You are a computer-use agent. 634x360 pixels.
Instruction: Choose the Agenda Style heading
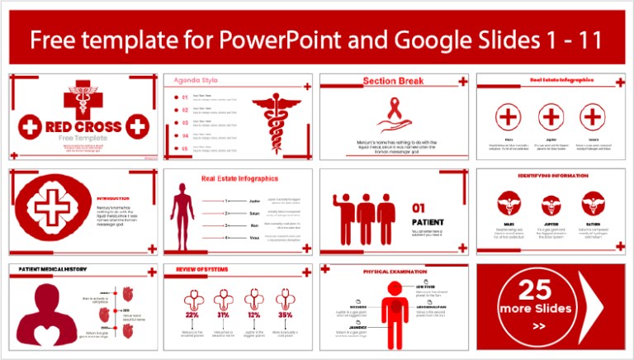196,81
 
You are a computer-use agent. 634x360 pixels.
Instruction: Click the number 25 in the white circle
534,289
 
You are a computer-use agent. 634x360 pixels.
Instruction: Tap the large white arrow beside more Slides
597,306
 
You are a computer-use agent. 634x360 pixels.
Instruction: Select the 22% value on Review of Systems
192,315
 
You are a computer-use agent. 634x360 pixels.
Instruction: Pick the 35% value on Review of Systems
285,315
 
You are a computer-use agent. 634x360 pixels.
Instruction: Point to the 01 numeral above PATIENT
419,209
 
